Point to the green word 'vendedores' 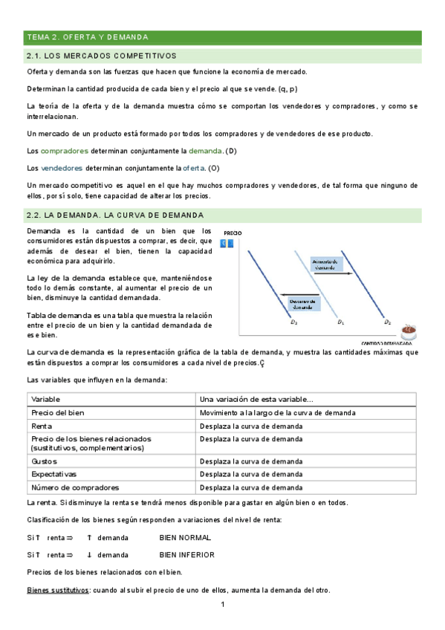point(62,168)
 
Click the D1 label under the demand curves point(340,322)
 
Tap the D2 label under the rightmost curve point(388,322)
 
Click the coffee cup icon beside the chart point(406,331)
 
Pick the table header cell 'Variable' point(46,399)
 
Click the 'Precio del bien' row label point(58,412)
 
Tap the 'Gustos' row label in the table point(43,461)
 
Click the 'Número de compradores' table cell point(74,487)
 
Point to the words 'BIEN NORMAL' point(185,536)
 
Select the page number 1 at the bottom point(222,605)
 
